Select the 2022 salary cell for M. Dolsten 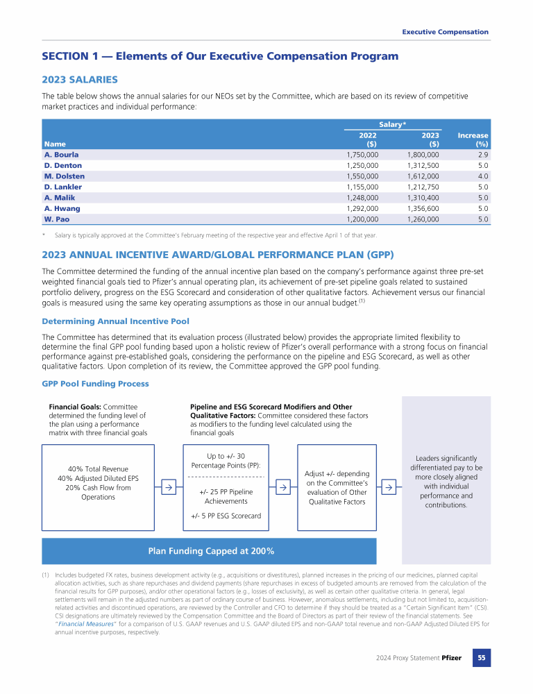(x=362, y=176)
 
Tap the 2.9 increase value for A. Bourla (x=482, y=154)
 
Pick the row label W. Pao (x=58, y=219)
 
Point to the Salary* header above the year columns (x=392, y=124)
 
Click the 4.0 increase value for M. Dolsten (x=482, y=176)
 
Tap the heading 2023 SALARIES (x=80, y=80)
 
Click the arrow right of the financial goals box (x=168, y=488)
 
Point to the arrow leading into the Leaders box (x=389, y=488)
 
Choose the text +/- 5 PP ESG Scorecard (x=226, y=516)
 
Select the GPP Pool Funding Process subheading (x=95, y=383)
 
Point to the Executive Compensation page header (x=445, y=32)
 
